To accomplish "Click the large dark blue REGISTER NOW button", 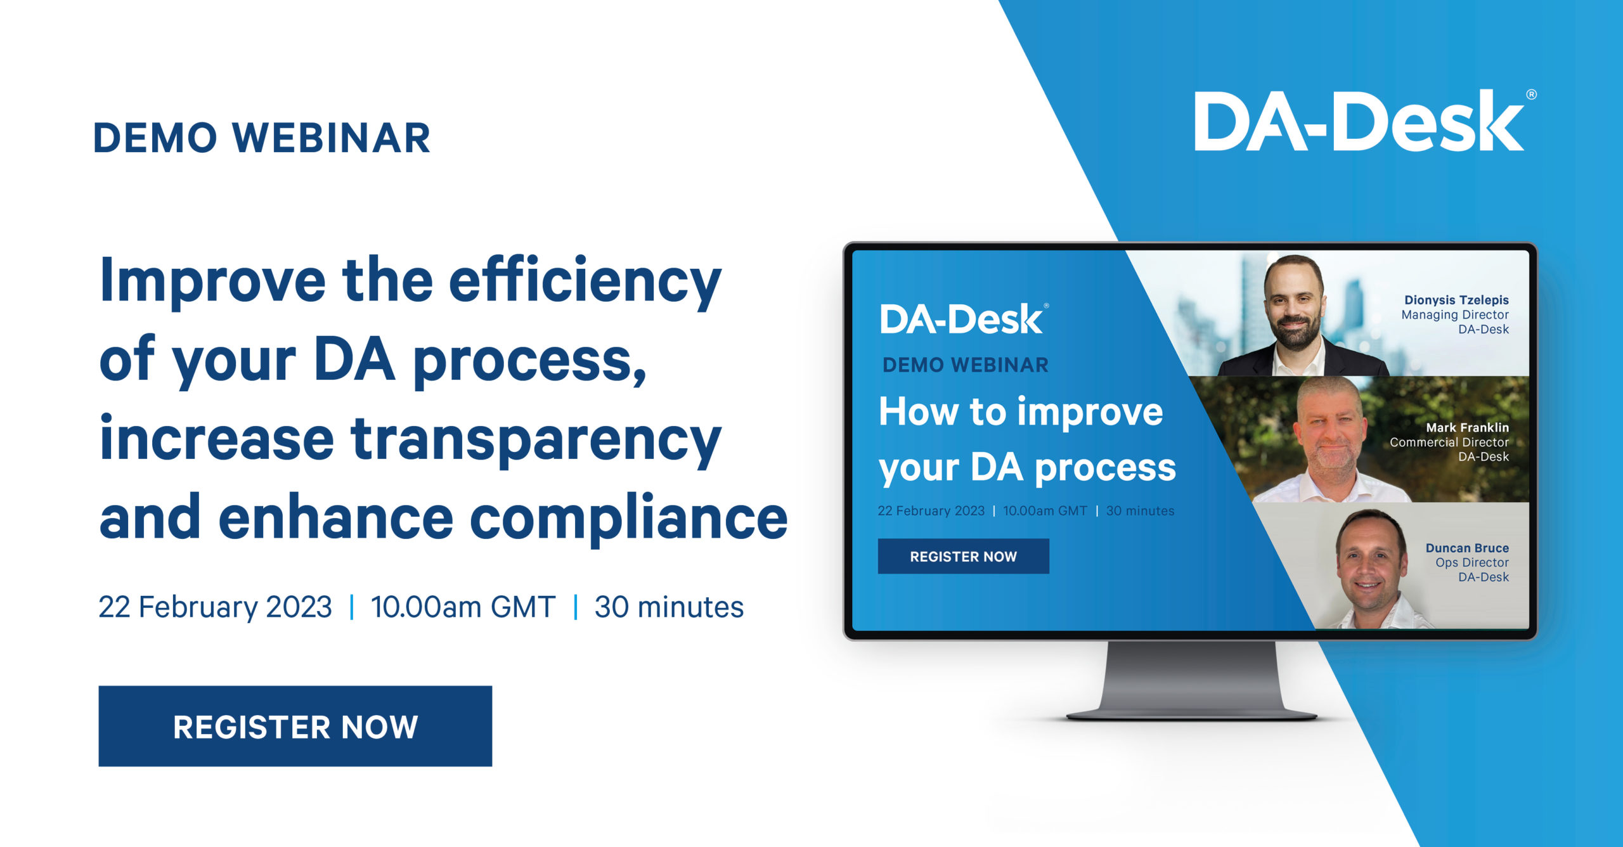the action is [x=295, y=726].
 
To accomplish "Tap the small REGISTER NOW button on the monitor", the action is [x=963, y=556].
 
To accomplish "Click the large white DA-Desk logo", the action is [x=1364, y=120].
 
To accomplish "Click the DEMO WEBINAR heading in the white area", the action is [x=262, y=138].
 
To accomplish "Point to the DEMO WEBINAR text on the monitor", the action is [x=966, y=365].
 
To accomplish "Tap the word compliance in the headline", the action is [x=629, y=517].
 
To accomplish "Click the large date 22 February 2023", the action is [x=215, y=607].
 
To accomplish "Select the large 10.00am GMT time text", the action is [x=463, y=607].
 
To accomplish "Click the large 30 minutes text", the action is [x=669, y=607].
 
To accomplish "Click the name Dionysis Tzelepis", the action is [x=1456, y=300].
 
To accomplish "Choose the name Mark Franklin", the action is [x=1467, y=427].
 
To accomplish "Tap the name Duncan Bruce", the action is [x=1467, y=548].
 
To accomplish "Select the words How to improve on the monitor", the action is [x=1021, y=412].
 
